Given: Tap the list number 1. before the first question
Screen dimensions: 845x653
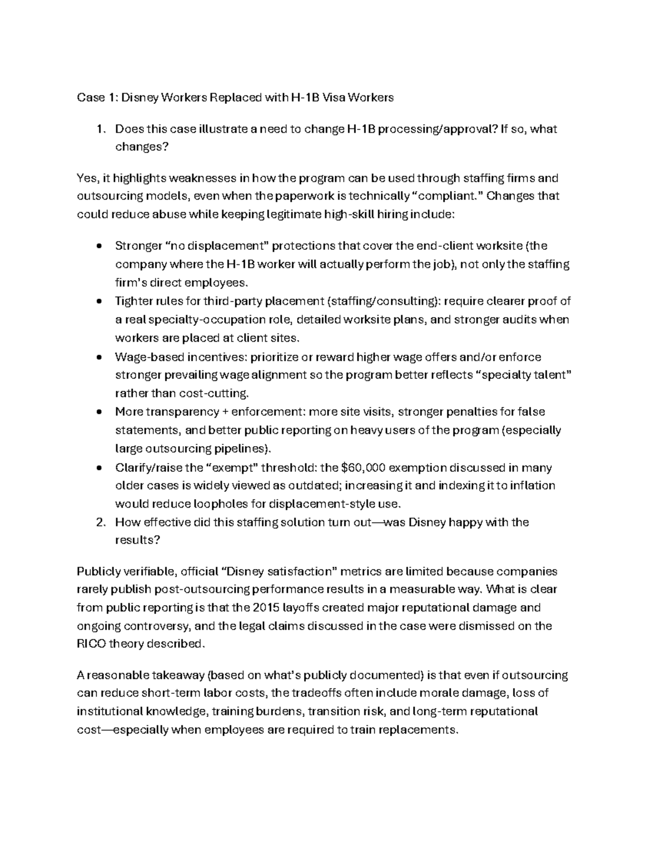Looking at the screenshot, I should coord(99,129).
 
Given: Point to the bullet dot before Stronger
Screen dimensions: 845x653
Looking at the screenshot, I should coord(98,246).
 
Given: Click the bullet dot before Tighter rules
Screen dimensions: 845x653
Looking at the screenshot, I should coord(98,301).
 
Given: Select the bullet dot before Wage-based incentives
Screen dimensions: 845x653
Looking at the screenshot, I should coord(98,357).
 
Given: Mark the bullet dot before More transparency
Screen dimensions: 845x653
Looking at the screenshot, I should coord(98,412).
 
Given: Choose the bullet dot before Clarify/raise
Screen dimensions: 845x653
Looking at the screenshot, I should coord(98,467).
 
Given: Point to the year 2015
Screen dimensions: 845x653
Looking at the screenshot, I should coord(266,607).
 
